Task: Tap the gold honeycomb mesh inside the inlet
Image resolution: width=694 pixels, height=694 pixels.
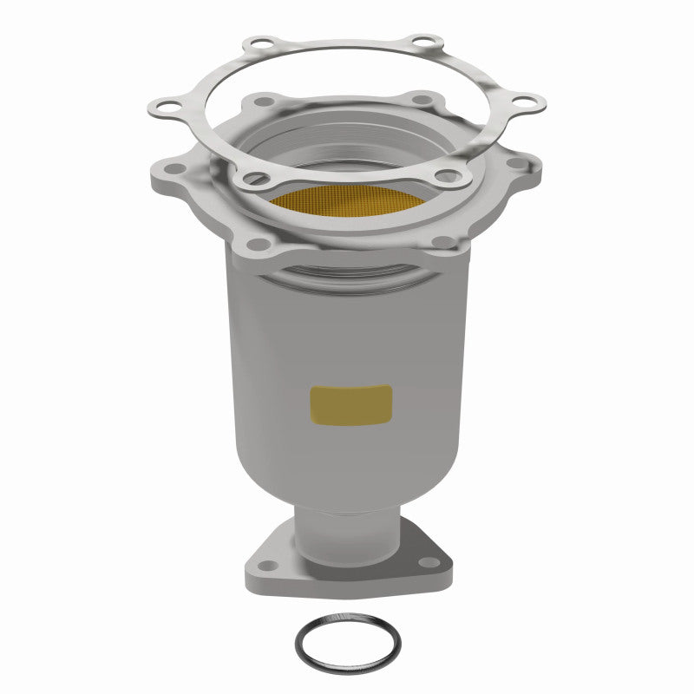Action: pyautogui.click(x=347, y=199)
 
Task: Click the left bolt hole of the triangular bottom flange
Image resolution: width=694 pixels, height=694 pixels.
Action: pyautogui.click(x=264, y=565)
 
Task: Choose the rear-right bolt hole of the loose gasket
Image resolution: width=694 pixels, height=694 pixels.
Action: pyautogui.click(x=423, y=41)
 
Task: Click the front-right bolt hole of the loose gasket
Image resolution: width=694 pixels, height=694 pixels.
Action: pyautogui.click(x=447, y=176)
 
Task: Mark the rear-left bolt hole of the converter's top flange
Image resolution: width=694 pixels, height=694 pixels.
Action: pyautogui.click(x=263, y=102)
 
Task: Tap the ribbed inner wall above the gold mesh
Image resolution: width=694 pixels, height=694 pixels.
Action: pyautogui.click(x=347, y=143)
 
